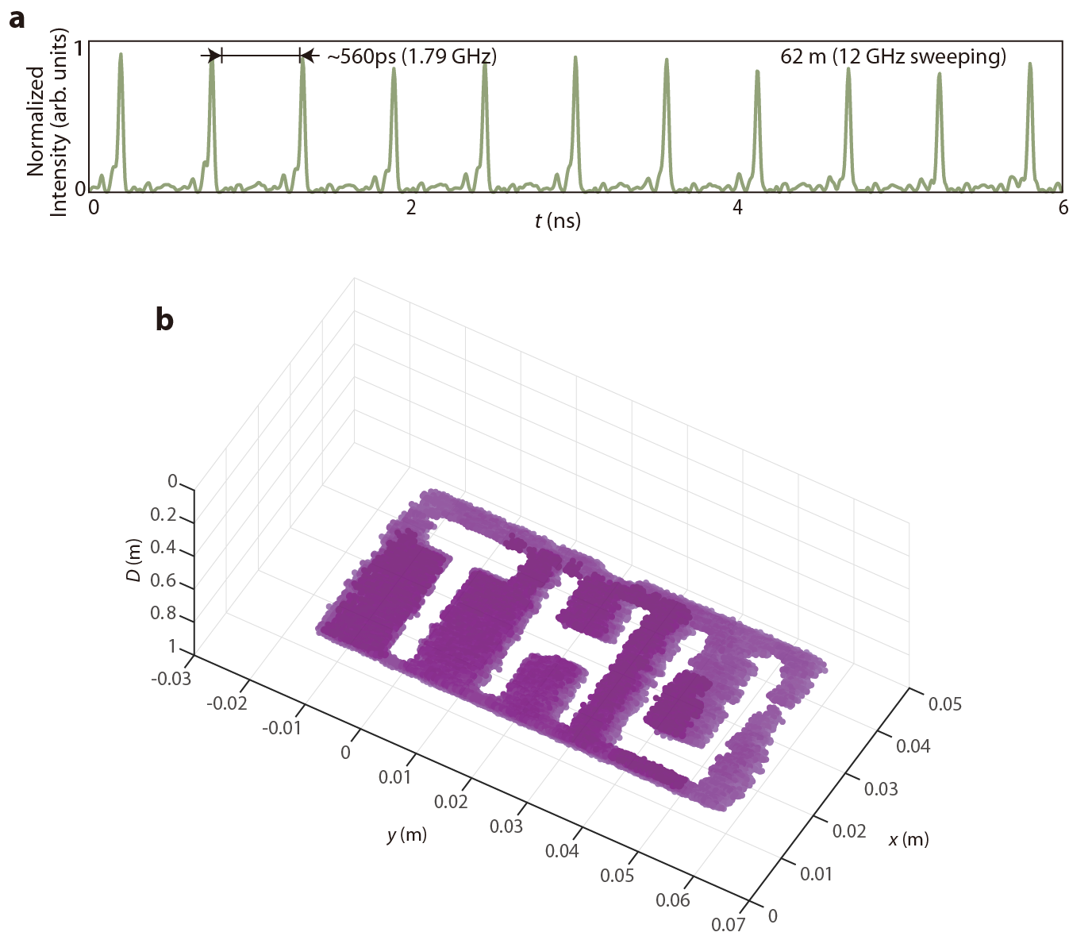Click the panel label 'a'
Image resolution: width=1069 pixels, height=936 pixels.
click(x=17, y=18)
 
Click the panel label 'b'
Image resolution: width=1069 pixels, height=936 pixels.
click(x=164, y=319)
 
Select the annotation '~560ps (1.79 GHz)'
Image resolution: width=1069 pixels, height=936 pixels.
click(x=411, y=56)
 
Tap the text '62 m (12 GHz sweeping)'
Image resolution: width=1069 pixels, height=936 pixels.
click(x=893, y=56)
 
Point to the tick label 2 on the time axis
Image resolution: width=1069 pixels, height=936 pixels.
click(x=411, y=208)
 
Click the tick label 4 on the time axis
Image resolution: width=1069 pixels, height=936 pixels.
click(x=737, y=208)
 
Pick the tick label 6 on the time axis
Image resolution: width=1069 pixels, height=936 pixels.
click(x=1063, y=208)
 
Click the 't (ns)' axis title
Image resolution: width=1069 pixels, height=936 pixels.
click(x=557, y=221)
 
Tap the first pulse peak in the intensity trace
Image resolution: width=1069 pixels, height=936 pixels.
click(x=121, y=55)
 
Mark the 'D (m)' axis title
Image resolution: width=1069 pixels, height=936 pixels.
click(x=134, y=559)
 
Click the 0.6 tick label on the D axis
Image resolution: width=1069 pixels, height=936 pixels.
click(x=163, y=580)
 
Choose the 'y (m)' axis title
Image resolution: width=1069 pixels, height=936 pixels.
click(x=406, y=834)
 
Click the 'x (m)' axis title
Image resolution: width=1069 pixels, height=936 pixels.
click(x=908, y=839)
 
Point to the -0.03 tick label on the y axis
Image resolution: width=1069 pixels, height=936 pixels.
click(x=172, y=679)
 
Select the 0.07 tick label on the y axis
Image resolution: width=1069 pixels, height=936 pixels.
click(x=728, y=925)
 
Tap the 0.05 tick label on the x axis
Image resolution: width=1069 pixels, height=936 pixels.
click(x=944, y=703)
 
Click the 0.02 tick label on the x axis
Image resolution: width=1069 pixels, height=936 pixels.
click(x=848, y=830)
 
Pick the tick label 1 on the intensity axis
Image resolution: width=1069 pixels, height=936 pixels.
click(x=79, y=48)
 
